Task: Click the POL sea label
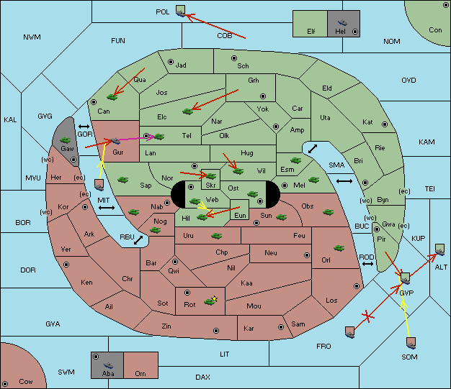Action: (163, 12)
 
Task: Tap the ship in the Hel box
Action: (342, 22)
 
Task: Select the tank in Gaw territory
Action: (66, 140)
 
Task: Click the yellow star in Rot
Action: (214, 299)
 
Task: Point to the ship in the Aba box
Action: (108, 365)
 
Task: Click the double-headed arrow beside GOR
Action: (84, 127)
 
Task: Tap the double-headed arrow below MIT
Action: (107, 208)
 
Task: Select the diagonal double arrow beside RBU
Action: (138, 240)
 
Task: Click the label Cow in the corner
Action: (26, 382)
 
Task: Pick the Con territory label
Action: (435, 30)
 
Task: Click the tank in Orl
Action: (339, 248)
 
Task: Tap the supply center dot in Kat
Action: (385, 124)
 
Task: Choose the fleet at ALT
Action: (439, 250)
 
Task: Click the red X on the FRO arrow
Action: (367, 316)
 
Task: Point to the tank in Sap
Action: (122, 180)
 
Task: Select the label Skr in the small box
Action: (210, 186)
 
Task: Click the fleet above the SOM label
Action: (411, 343)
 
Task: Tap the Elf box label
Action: (311, 32)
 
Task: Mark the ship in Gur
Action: (115, 141)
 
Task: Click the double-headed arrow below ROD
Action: (367, 264)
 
